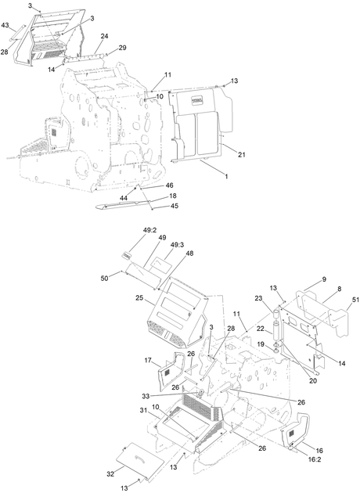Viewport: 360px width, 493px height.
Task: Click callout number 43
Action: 5,25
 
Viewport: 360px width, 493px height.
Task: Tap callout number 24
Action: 104,36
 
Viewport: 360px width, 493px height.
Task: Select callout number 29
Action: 122,48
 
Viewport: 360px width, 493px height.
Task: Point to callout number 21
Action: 242,155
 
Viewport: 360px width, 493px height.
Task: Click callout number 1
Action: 225,176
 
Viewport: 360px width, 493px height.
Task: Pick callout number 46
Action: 170,185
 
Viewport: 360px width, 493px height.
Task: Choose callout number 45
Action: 175,206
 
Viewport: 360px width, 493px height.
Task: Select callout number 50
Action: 105,279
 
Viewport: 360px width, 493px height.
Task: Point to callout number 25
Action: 140,297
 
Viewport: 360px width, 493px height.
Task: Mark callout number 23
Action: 258,299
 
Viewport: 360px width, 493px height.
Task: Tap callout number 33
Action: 146,396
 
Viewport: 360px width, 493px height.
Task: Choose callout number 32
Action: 110,474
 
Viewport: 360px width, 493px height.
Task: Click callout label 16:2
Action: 315,459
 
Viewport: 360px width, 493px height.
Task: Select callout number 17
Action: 148,361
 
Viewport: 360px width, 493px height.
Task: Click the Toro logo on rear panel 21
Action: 197,101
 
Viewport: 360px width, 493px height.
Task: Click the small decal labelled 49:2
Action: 127,256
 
